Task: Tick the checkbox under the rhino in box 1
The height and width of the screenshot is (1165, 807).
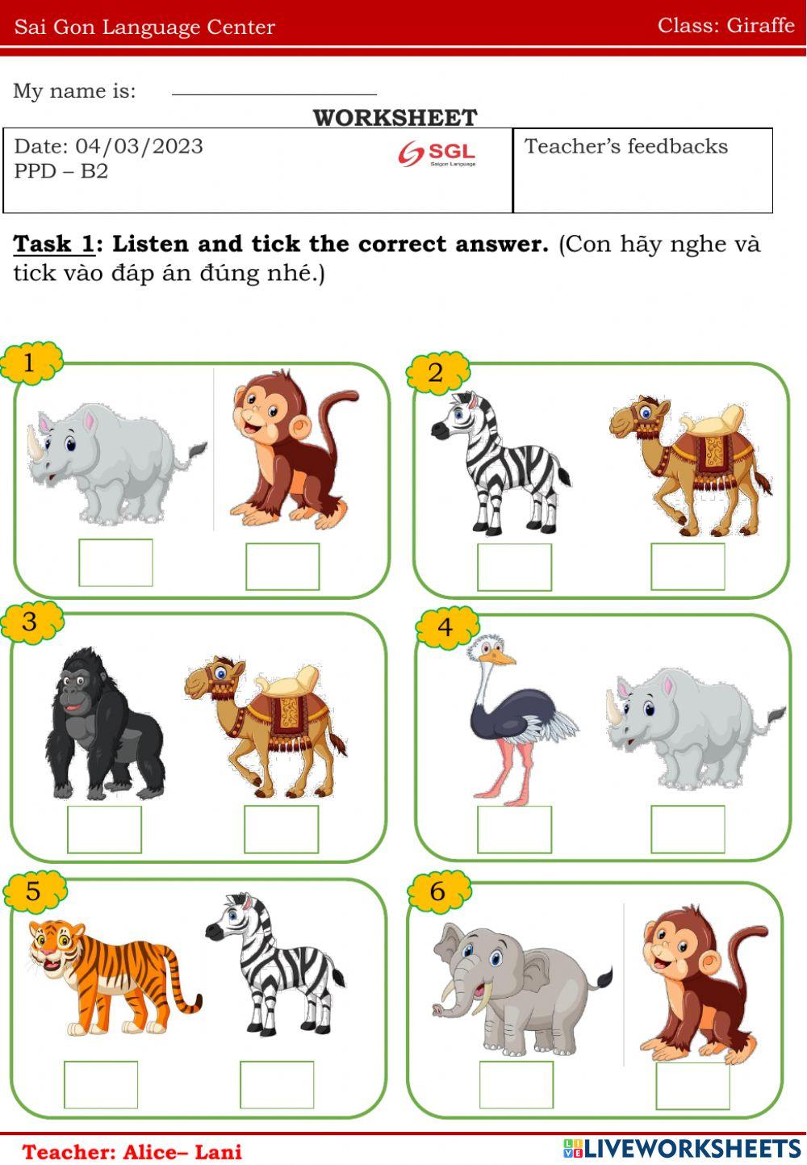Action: pyautogui.click(x=115, y=563)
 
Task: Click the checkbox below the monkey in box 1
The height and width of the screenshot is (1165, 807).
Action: pyautogui.click(x=282, y=567)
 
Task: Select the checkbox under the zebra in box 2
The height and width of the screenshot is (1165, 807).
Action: pyautogui.click(x=514, y=567)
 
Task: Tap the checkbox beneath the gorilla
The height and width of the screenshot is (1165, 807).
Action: pyautogui.click(x=104, y=829)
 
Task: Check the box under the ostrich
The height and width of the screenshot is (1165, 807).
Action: pyautogui.click(x=514, y=829)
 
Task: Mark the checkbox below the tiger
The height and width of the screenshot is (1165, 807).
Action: pyautogui.click(x=101, y=1084)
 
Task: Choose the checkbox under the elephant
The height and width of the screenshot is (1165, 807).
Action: pyautogui.click(x=516, y=1084)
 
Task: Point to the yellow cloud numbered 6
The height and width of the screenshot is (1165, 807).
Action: pyautogui.click(x=438, y=891)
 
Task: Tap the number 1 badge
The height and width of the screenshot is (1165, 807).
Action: pyautogui.click(x=31, y=363)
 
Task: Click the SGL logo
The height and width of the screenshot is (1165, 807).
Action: pyautogui.click(x=437, y=153)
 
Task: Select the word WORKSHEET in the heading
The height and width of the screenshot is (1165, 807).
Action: pyautogui.click(x=395, y=118)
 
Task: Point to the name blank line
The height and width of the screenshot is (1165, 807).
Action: pyautogui.click(x=274, y=94)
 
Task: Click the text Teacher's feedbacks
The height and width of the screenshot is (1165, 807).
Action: pyautogui.click(x=626, y=146)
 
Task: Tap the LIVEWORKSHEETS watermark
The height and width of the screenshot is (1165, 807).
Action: pyautogui.click(x=682, y=1148)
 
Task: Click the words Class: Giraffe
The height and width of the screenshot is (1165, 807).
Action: pyautogui.click(x=725, y=25)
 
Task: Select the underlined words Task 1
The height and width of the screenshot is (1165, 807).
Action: pyautogui.click(x=54, y=244)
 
